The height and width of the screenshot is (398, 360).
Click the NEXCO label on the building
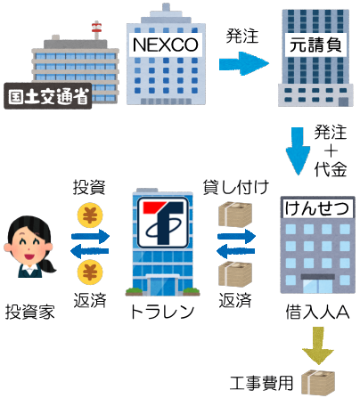pos(166,45)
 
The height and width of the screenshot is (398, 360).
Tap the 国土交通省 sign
pos(48,95)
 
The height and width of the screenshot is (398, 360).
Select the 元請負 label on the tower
pos(315,45)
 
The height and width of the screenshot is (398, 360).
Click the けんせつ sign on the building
pos(317,207)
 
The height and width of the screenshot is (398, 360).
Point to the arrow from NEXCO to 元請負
pos(244,63)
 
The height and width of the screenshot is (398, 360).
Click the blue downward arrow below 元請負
pos(298,151)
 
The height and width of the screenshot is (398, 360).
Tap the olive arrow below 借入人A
pos(318,345)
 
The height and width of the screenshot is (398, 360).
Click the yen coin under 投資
pos(90,215)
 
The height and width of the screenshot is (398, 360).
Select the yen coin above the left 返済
pos(90,272)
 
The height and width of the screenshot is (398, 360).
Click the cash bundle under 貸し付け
pos(235,215)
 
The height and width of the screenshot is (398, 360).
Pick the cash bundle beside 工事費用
pos(318,383)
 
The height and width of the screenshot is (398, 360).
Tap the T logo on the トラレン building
pos(163,223)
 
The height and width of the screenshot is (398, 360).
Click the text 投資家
pos(30,312)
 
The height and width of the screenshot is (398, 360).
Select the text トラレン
pos(162,312)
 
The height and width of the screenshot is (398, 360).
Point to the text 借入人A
pos(317,312)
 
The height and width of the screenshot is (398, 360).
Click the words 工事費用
pos(261,383)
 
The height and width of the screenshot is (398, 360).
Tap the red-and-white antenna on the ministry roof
pos(96,29)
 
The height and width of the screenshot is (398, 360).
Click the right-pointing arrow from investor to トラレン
pos(90,236)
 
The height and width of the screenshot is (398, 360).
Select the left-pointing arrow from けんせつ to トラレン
pos(236,251)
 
